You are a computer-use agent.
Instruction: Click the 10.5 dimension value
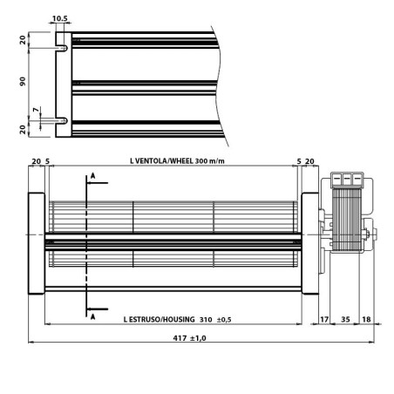click(59, 17)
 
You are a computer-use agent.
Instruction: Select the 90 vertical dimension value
click(24, 80)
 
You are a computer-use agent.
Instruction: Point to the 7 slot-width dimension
click(36, 110)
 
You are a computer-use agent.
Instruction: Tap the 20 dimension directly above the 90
click(24, 39)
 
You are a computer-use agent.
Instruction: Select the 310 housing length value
click(206, 320)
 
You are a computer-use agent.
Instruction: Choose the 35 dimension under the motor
click(344, 320)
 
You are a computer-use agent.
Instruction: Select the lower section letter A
click(92, 317)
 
